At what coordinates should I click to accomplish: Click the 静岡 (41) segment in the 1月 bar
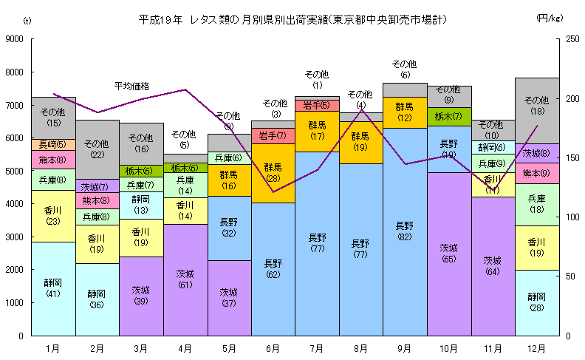[53, 288]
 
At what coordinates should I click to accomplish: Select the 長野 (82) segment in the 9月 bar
[405, 231]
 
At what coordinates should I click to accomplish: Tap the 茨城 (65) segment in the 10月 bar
[448, 254]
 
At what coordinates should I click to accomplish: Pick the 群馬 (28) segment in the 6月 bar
[273, 173]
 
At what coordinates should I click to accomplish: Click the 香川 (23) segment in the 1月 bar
[53, 216]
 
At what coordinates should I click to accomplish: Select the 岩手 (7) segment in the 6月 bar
[273, 135]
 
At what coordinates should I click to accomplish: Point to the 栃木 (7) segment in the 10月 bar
[448, 116]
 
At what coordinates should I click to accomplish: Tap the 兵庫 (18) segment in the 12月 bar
[536, 204]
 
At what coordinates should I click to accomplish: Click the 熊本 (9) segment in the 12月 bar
[536, 173]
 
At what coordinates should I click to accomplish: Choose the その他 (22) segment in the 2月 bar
[97, 149]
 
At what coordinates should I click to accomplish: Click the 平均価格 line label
[132, 86]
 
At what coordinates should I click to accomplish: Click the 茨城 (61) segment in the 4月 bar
[185, 279]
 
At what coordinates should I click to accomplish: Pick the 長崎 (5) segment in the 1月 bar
[53, 144]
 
